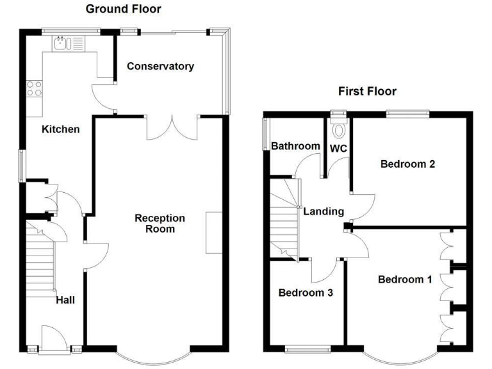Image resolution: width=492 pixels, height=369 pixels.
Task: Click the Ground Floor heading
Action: click(123, 9)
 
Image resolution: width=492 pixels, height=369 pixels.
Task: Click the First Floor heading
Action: click(367, 92)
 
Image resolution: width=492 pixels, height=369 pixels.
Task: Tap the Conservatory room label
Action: click(160, 67)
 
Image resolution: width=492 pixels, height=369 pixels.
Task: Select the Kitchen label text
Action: click(61, 129)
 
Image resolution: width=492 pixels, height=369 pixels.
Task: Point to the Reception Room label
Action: click(160, 224)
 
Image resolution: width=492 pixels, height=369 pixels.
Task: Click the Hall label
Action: click(65, 299)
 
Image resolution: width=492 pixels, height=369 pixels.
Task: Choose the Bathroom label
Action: click(295, 147)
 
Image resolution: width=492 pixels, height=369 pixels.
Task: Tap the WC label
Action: click(338, 149)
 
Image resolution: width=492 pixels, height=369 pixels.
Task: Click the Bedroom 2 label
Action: click(408, 164)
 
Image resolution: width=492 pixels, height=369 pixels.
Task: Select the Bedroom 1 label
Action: click(405, 279)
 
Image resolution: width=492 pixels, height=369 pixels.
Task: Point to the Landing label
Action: click(324, 211)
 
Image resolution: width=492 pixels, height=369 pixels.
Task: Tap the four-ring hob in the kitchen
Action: click(34, 88)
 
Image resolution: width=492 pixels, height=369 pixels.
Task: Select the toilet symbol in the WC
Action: click(339, 129)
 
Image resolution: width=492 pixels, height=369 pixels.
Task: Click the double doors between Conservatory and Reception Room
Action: click(172, 126)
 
